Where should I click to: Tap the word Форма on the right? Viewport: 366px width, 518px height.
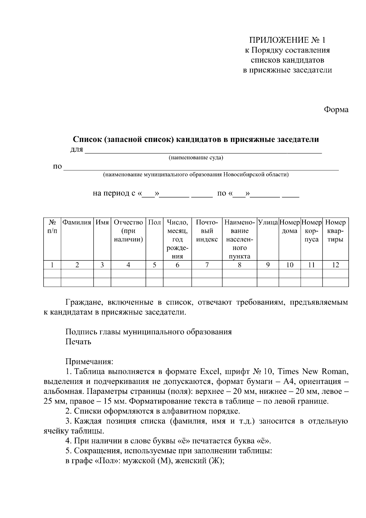coord(336,110)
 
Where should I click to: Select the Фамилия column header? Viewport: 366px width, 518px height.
coord(77,223)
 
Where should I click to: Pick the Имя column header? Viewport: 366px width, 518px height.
coord(102,223)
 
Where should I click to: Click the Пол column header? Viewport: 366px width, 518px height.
coord(154,223)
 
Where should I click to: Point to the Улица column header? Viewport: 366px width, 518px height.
coord(268,223)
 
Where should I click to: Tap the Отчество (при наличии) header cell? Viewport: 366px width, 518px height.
coord(128,231)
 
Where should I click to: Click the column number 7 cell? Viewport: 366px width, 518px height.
coord(207,265)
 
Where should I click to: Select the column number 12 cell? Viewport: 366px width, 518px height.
coord(335,265)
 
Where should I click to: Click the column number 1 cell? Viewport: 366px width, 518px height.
coord(52,265)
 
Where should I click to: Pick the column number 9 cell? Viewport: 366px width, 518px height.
coord(268,265)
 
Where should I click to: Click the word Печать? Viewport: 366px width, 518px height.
coord(78,342)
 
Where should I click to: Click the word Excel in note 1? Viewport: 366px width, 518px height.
coord(210,371)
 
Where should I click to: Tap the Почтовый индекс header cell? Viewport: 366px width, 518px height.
coord(207,231)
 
